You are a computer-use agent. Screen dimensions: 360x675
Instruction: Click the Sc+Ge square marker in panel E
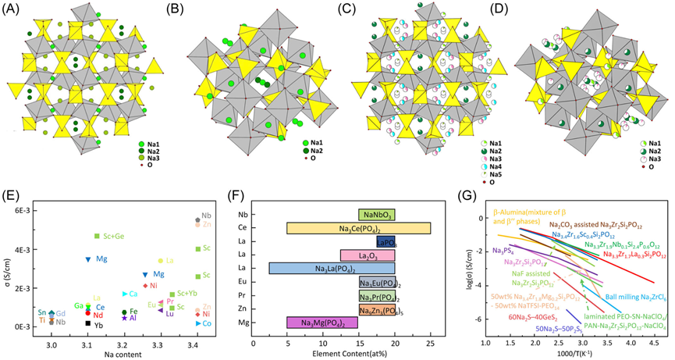(x=97, y=235)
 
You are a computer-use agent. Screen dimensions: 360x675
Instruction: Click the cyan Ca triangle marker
(x=125, y=294)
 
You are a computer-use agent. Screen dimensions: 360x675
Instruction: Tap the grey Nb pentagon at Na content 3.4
(x=197, y=220)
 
